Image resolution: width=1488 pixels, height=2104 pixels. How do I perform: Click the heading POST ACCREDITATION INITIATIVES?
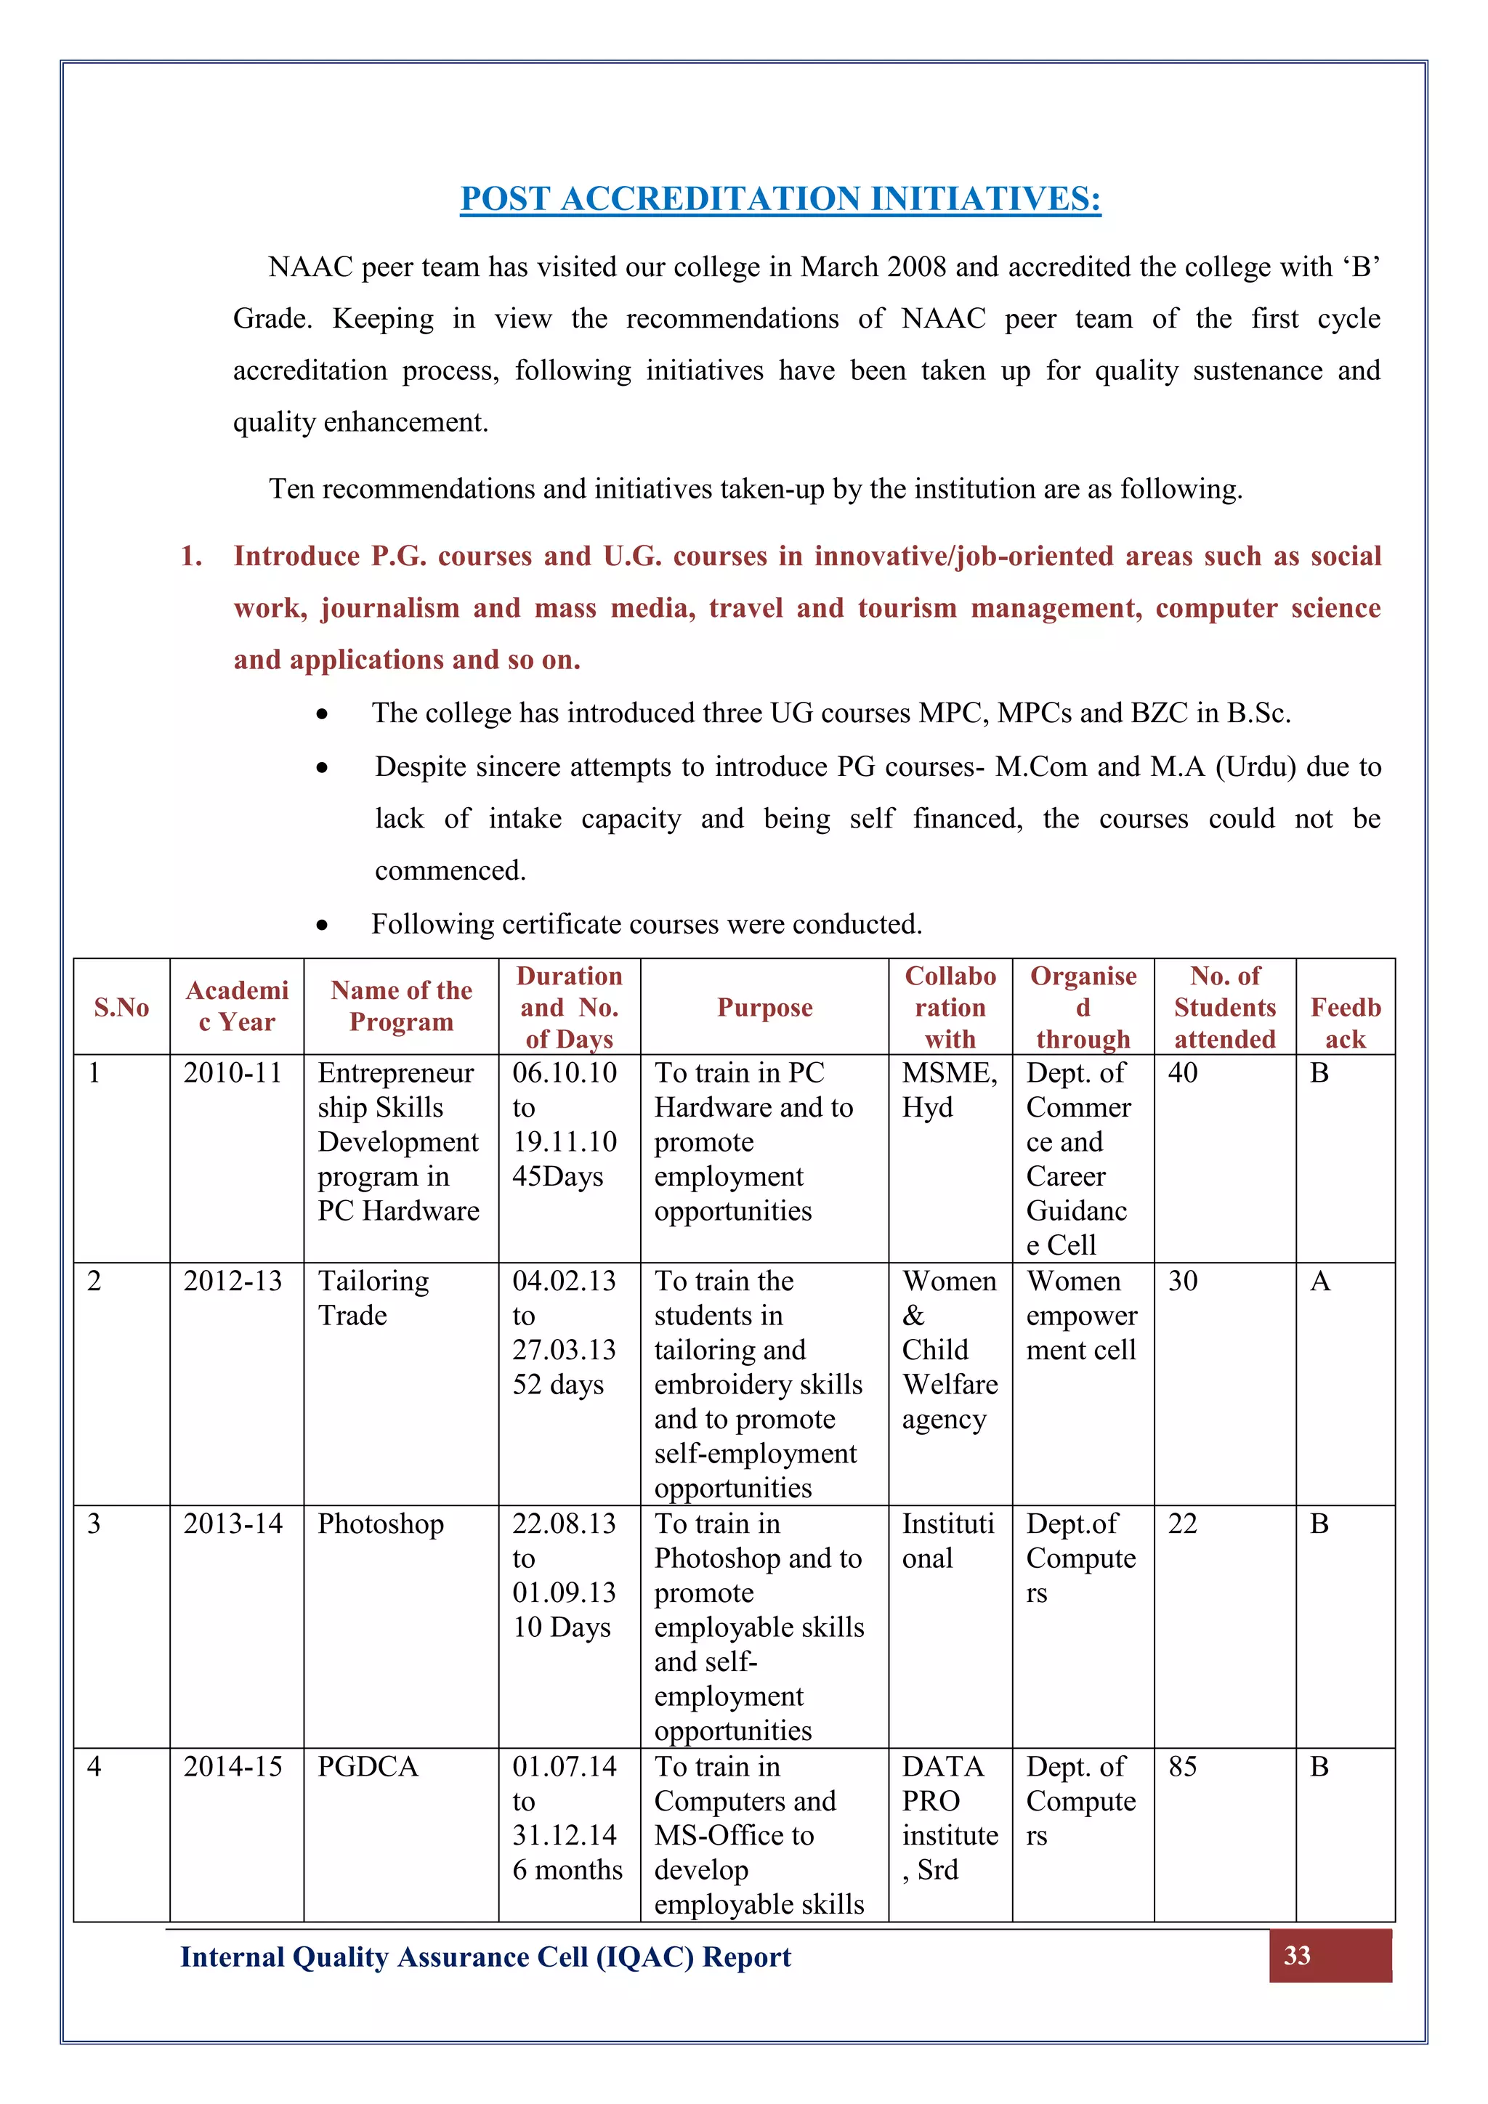[780, 199]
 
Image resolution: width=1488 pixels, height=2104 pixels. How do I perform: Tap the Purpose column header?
[764, 1007]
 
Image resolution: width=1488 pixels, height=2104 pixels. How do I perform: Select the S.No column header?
[121, 1007]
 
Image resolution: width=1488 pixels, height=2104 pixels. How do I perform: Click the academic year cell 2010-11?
[232, 1072]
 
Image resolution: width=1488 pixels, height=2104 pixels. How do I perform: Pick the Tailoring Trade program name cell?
[373, 1298]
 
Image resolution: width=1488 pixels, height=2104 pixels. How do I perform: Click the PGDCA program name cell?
[368, 1766]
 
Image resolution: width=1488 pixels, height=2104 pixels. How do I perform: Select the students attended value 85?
[1183, 1766]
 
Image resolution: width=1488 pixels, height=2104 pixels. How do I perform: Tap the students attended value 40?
[1183, 1072]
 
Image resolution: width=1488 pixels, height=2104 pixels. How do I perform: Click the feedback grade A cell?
[1319, 1280]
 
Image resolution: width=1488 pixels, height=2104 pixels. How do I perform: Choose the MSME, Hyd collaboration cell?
[949, 1090]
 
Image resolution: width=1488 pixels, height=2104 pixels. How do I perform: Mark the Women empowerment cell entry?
[1081, 1315]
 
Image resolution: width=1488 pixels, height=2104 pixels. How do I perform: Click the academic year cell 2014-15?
[232, 1766]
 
